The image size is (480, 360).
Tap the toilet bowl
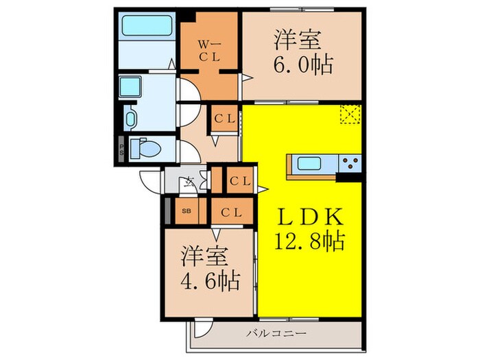point(147,147)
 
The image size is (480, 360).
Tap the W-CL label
point(208,51)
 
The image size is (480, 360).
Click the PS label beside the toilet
point(121,148)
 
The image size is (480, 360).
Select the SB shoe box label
point(187,211)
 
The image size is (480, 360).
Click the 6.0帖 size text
point(304,65)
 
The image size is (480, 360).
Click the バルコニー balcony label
point(273,335)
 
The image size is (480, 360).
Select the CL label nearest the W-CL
point(225,119)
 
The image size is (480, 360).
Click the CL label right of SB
point(232,211)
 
